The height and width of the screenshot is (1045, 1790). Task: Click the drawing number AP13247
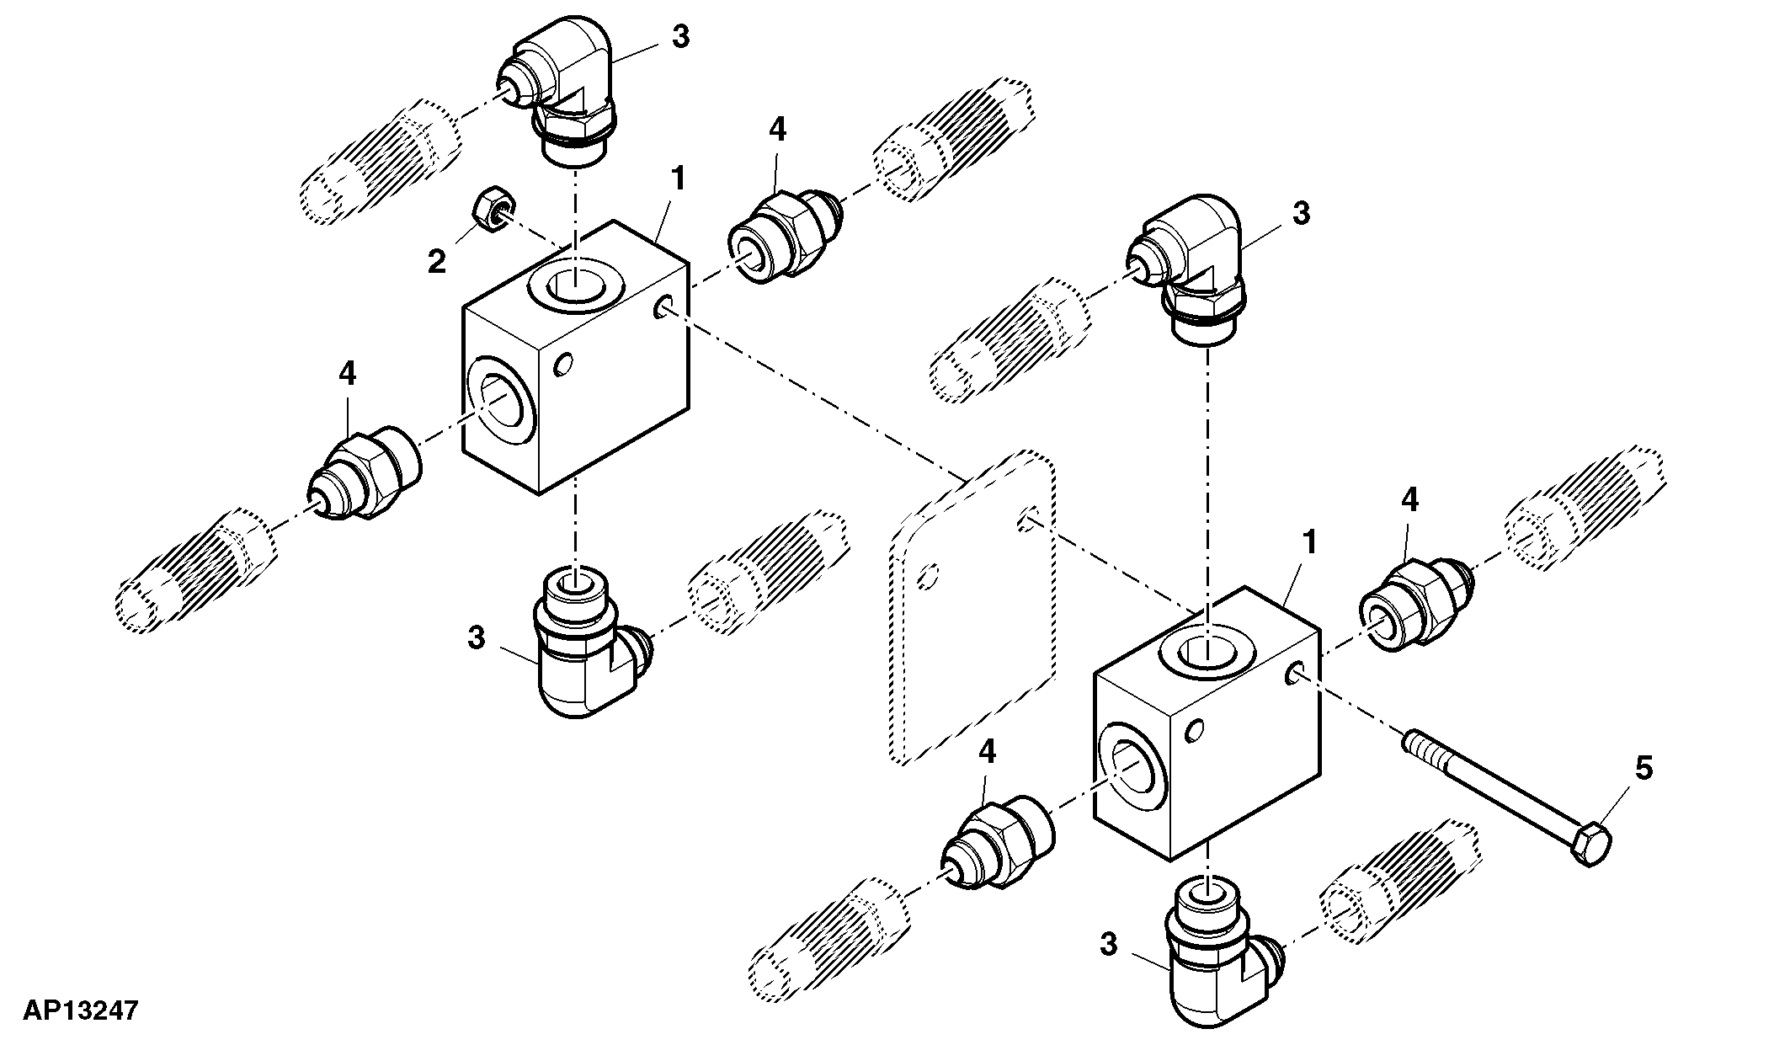click(80, 1010)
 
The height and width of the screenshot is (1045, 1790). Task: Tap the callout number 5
click(1643, 768)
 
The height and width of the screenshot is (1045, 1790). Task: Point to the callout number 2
click(436, 262)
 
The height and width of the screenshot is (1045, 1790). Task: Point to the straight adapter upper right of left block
click(785, 236)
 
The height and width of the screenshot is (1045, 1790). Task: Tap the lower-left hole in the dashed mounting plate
click(928, 577)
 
